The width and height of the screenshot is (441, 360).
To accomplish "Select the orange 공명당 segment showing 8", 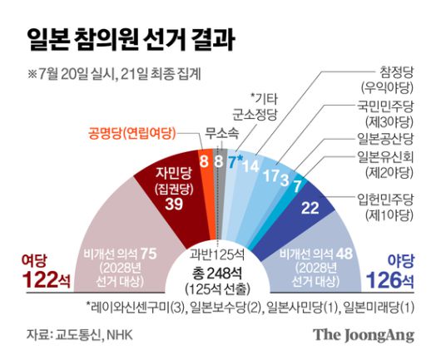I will (x=204, y=159).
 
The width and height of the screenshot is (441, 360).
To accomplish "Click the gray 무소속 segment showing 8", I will (x=218, y=159).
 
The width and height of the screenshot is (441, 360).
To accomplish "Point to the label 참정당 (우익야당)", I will (x=379, y=80).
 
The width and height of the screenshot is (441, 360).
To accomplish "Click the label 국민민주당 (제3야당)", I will (x=379, y=114).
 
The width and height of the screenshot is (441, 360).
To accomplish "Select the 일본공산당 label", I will (x=385, y=138).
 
